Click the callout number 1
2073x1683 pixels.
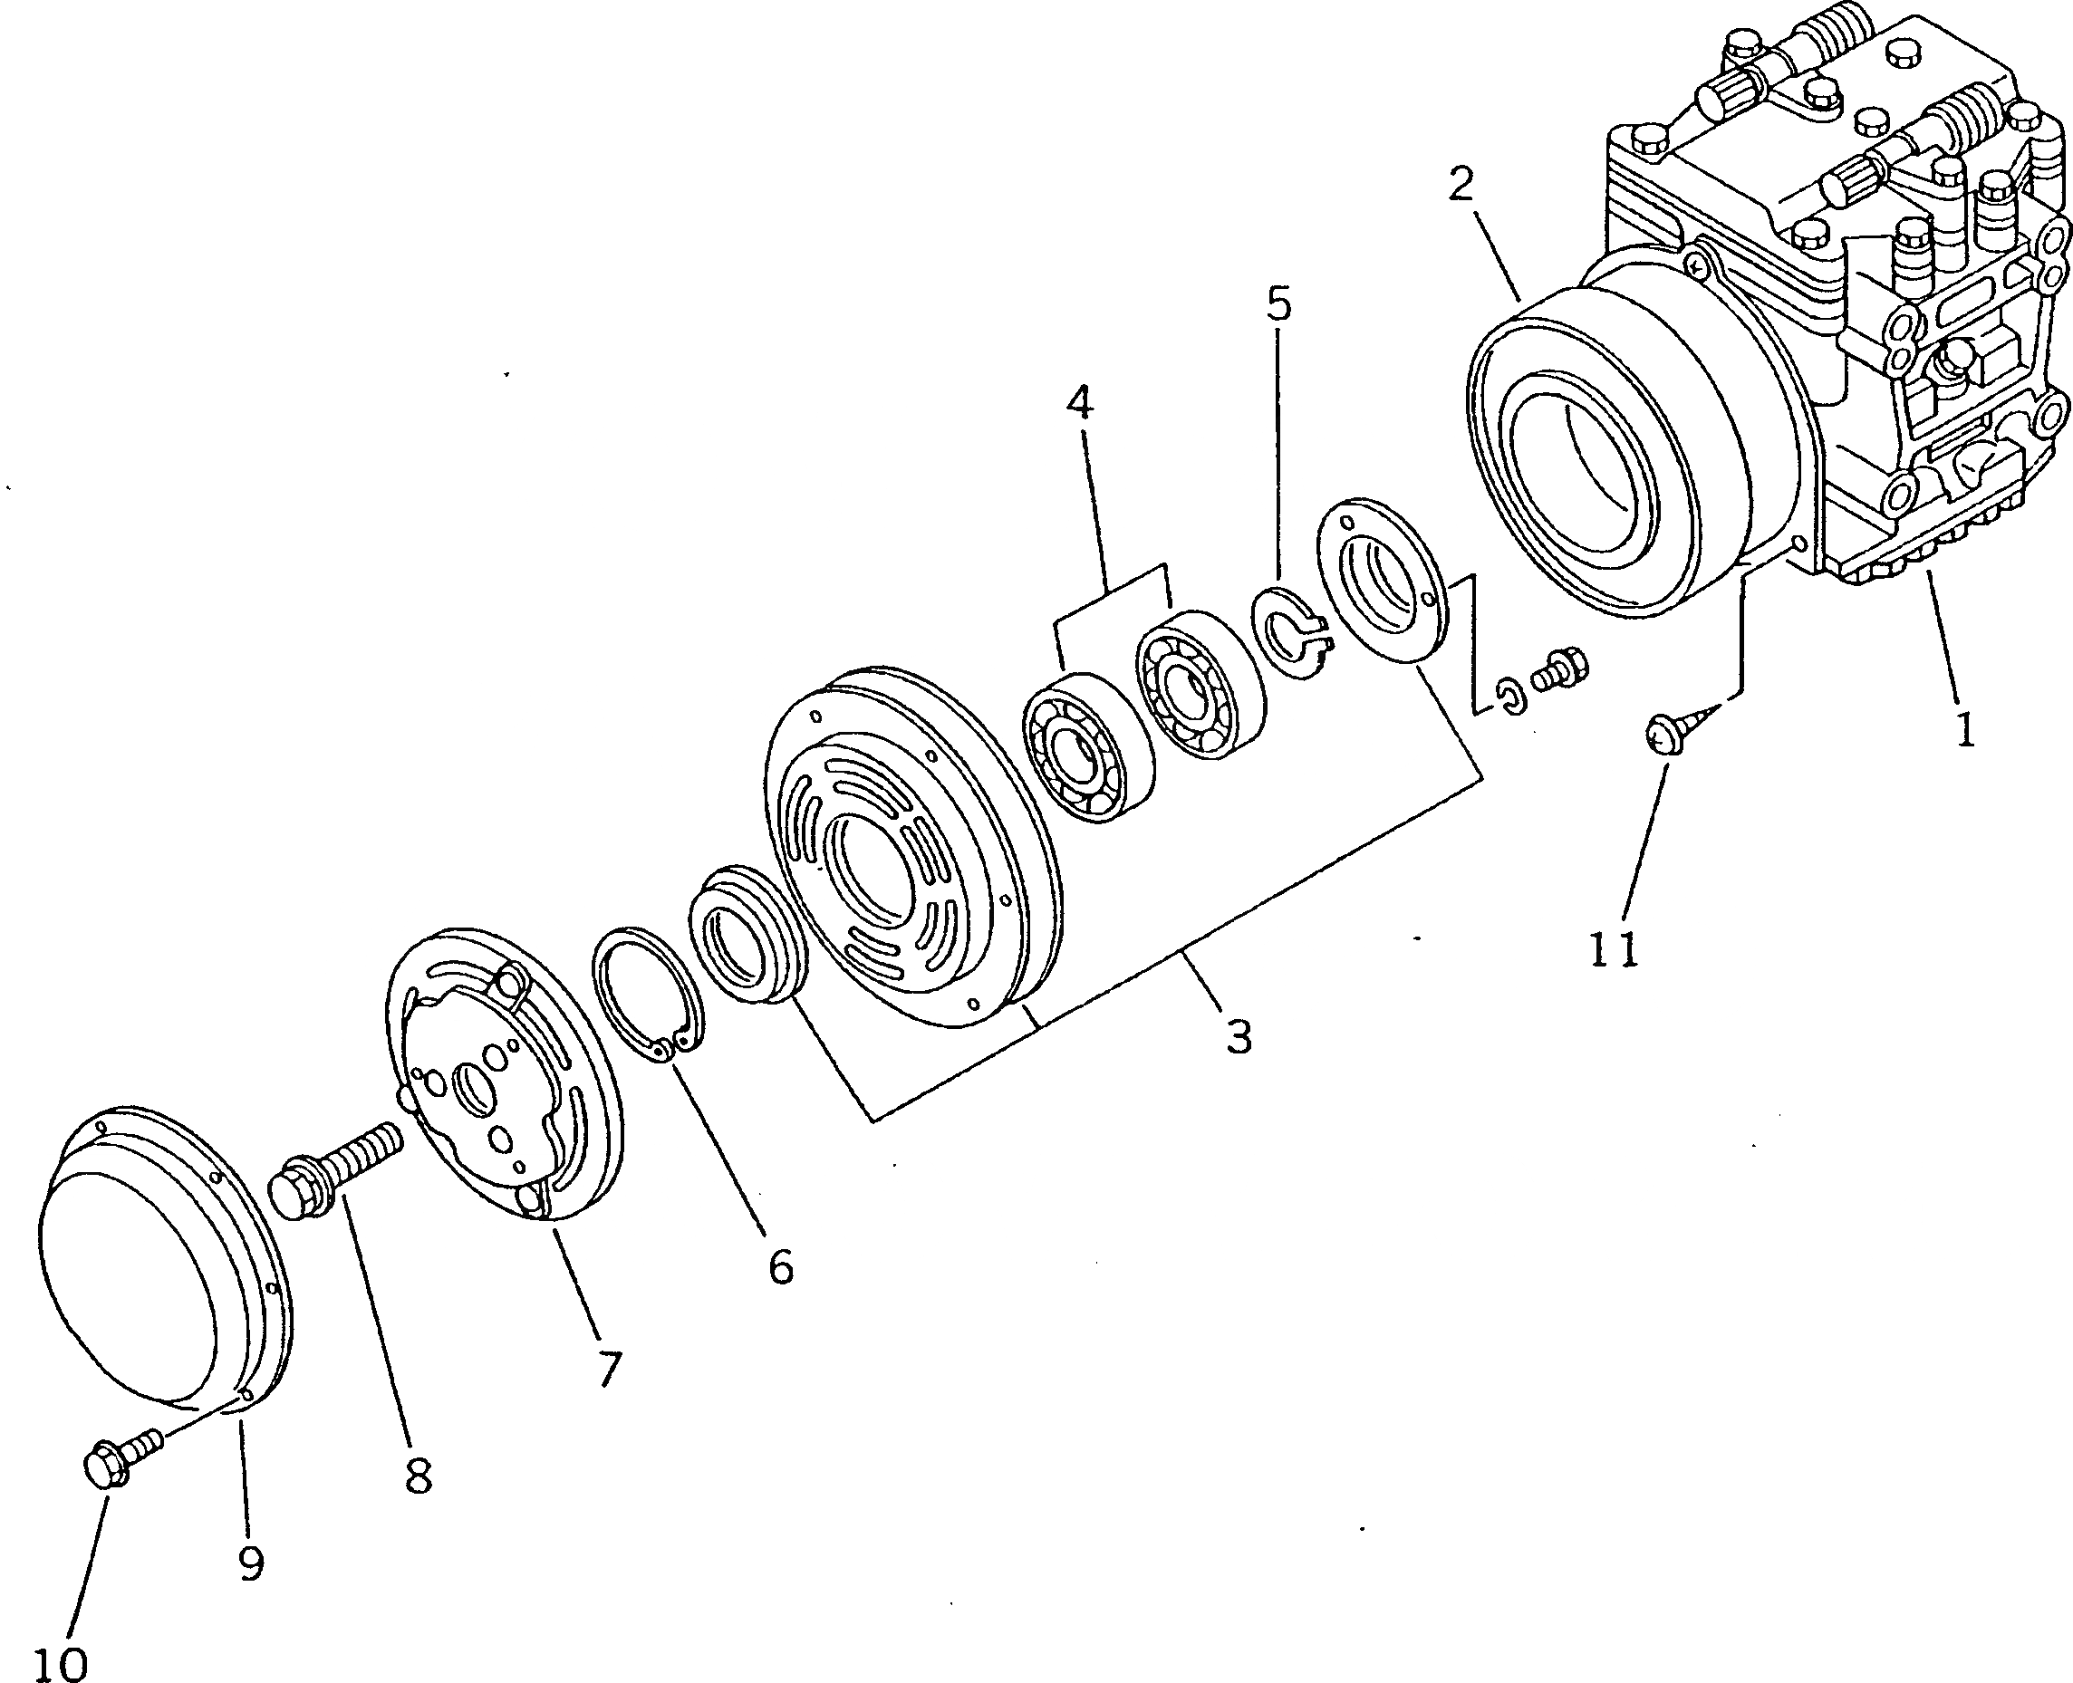(1964, 729)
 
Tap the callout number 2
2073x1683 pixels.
(1461, 184)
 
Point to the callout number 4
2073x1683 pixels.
(1079, 402)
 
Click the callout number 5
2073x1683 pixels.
(1279, 304)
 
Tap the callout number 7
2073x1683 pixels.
(608, 1368)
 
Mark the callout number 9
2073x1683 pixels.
(251, 1563)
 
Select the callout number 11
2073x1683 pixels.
(1613, 950)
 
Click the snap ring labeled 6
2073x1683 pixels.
(648, 998)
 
